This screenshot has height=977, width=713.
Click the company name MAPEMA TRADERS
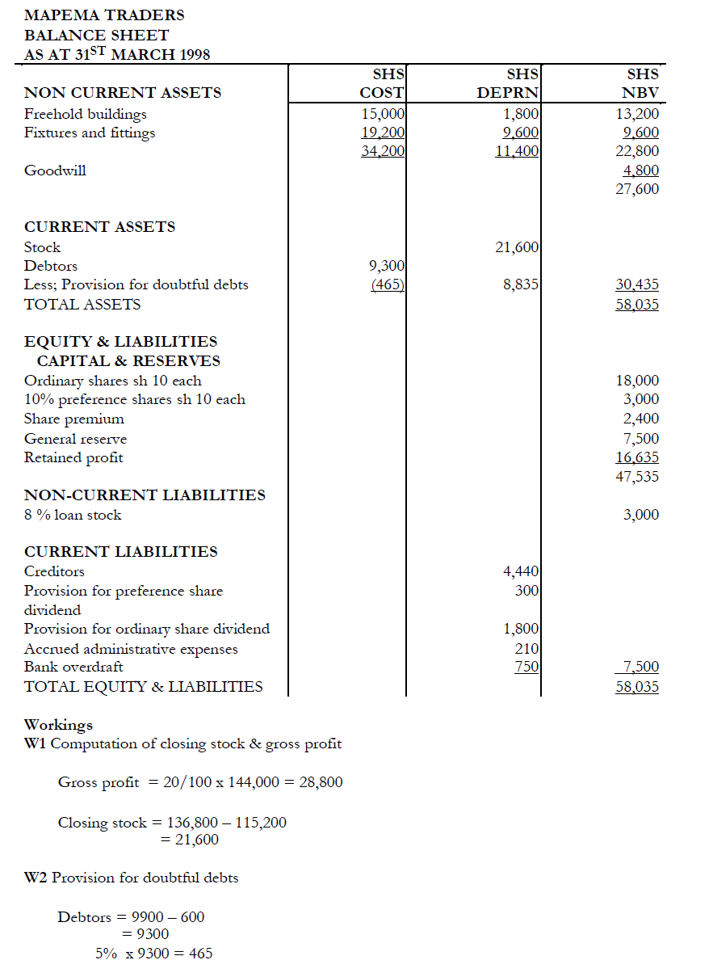pyautogui.click(x=104, y=15)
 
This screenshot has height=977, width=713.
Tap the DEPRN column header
pyautogui.click(x=508, y=93)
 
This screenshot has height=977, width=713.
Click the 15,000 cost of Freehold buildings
pyautogui.click(x=383, y=114)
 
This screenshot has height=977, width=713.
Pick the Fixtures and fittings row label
pyautogui.click(x=90, y=133)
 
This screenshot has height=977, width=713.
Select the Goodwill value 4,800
pyautogui.click(x=641, y=171)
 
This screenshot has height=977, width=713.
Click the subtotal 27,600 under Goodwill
pyautogui.click(x=638, y=189)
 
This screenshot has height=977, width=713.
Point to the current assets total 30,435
pyautogui.click(x=637, y=284)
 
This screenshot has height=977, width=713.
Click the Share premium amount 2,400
pyautogui.click(x=641, y=419)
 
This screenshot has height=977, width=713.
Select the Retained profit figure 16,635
pyautogui.click(x=637, y=457)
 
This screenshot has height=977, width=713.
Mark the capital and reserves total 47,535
pyautogui.click(x=637, y=476)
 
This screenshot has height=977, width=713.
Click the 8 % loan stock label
pyautogui.click(x=73, y=515)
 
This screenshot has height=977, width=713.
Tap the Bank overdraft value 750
pyautogui.click(x=526, y=667)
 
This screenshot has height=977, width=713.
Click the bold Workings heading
pyautogui.click(x=58, y=724)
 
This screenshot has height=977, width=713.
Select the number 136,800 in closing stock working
pyautogui.click(x=194, y=823)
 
